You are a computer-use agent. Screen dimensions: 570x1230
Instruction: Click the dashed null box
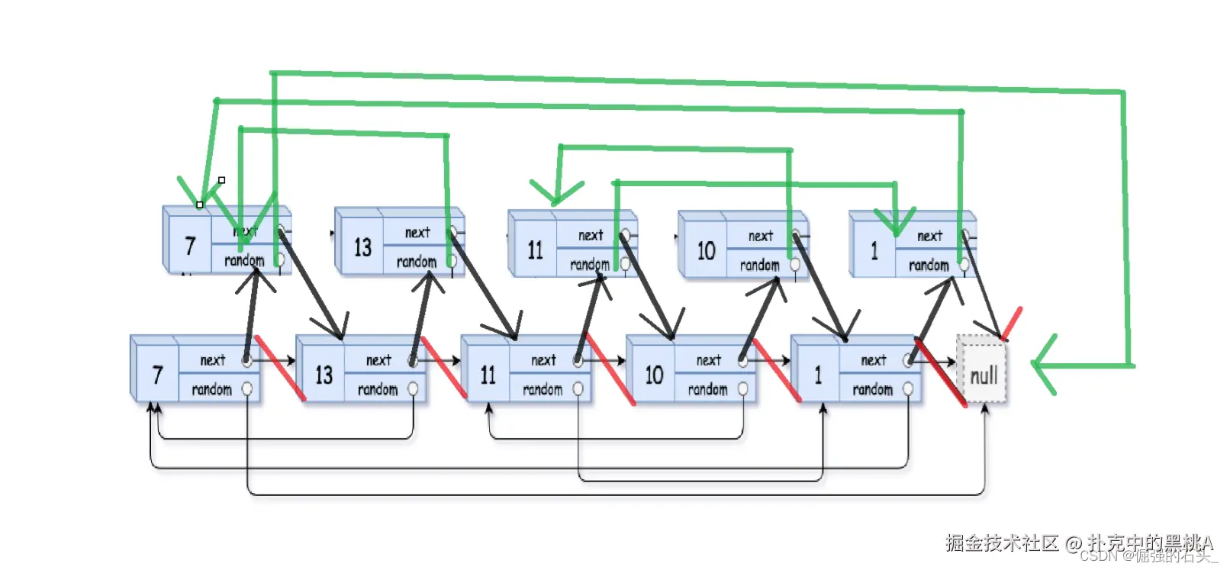coord(983,373)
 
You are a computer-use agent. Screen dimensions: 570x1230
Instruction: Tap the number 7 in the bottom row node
coord(157,375)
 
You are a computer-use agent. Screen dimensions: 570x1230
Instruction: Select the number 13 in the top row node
coord(362,247)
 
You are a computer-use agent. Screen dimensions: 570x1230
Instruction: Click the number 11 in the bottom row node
coord(488,375)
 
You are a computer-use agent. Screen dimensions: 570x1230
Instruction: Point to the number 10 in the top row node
coord(706,250)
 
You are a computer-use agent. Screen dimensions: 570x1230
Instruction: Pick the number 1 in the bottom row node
coord(818,375)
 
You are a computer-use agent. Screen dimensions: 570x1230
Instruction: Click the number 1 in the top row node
coord(874,250)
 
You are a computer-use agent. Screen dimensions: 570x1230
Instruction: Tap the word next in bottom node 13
coord(378,360)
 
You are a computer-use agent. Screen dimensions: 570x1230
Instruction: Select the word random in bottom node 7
coord(211,389)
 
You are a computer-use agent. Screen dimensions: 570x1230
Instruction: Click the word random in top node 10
coord(759,266)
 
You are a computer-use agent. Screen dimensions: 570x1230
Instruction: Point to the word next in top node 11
coord(591,236)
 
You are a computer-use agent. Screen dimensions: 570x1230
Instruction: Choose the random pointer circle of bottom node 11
coord(578,389)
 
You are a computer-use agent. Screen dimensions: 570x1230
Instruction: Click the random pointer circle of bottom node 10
coord(742,389)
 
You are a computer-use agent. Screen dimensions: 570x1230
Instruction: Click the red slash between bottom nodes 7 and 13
coord(279,368)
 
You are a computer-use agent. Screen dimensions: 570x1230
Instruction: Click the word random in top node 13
coord(416,262)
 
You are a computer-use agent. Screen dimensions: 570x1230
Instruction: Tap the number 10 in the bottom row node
coord(654,375)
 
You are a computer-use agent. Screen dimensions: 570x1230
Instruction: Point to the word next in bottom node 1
coord(874,360)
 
